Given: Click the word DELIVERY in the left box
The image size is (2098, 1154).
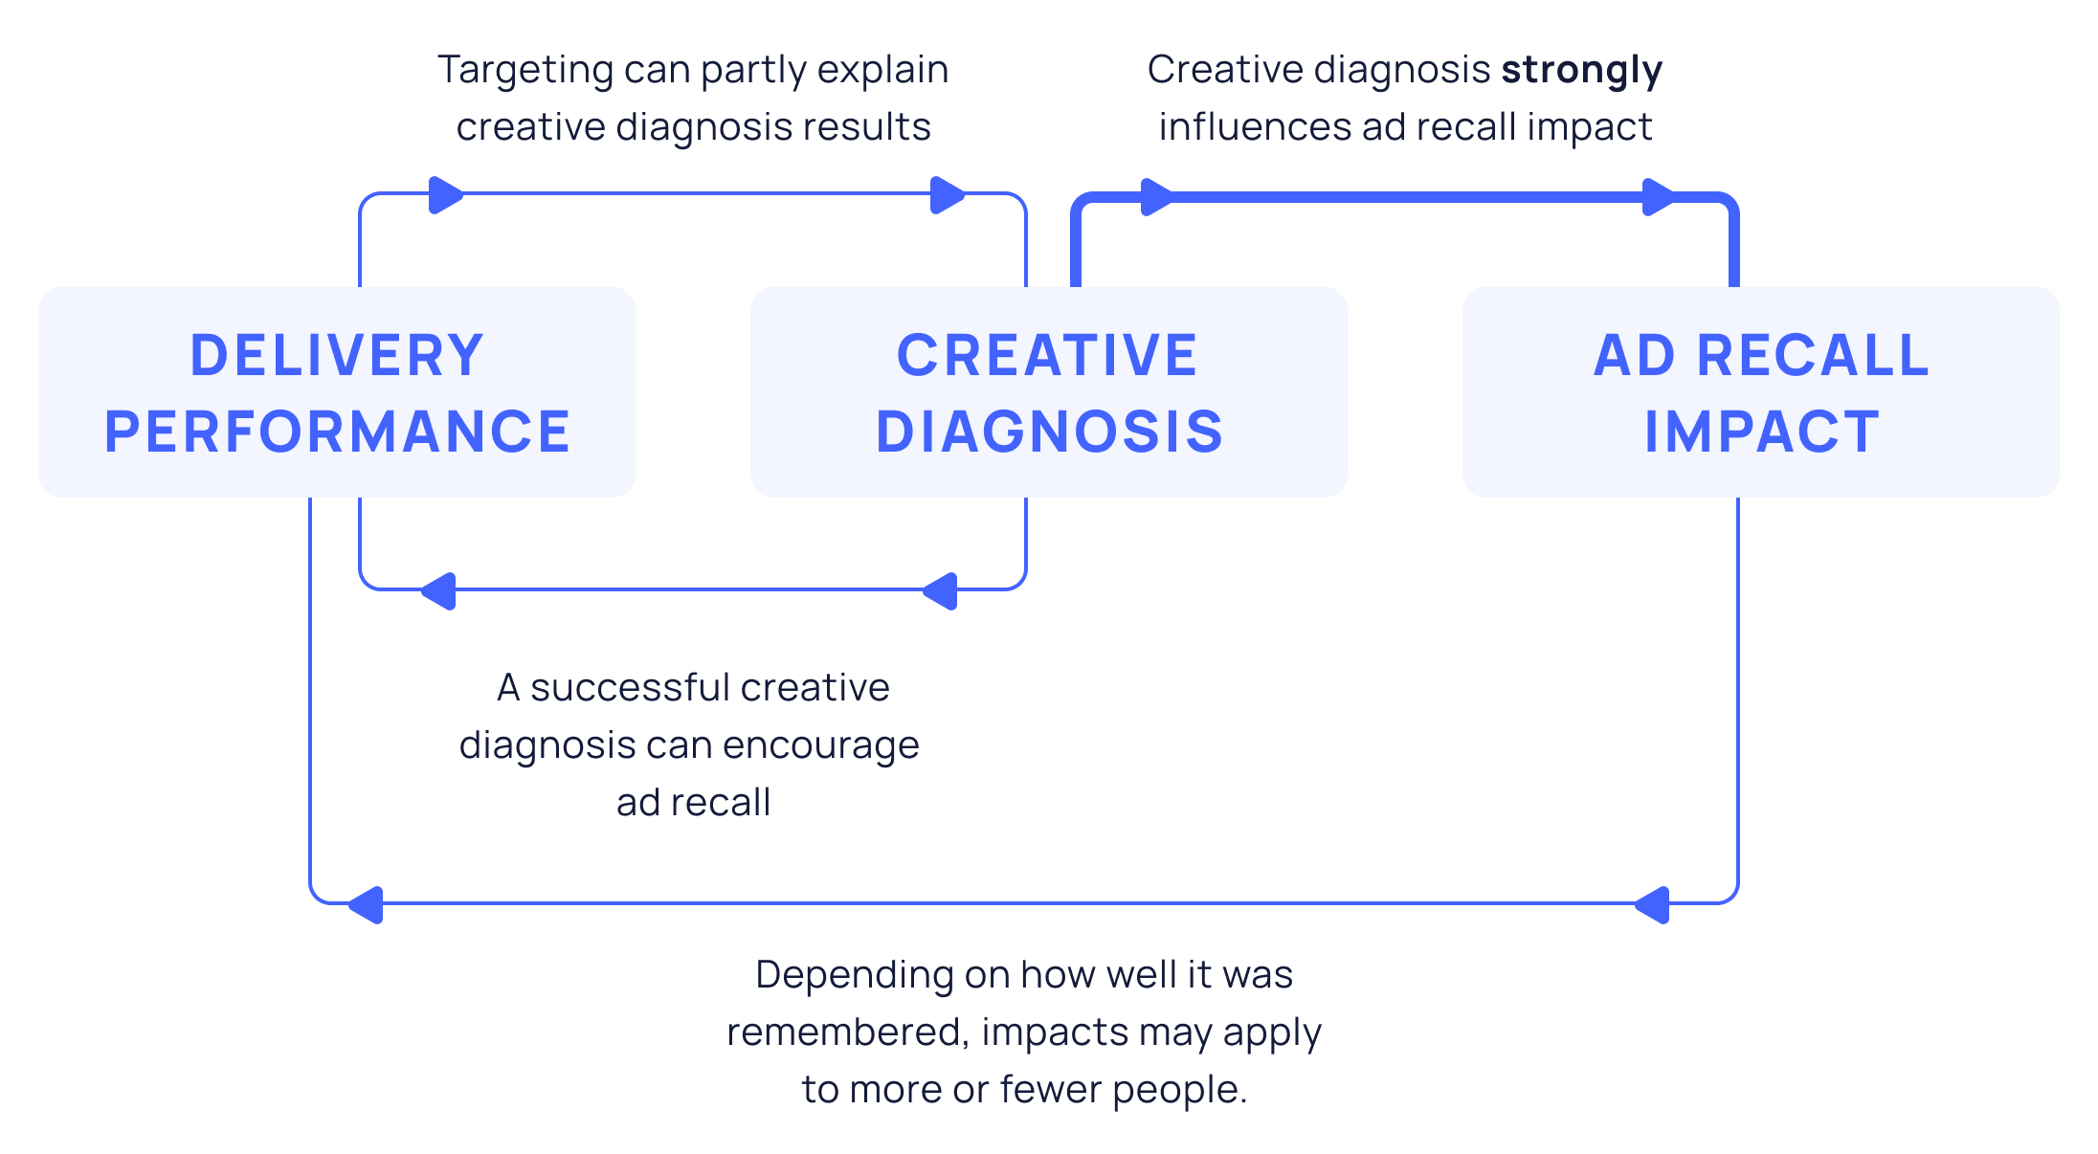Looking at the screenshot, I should (x=337, y=356).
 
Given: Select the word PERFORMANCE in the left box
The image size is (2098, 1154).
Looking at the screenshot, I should (x=337, y=432).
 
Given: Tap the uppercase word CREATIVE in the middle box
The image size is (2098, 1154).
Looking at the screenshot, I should (x=1047, y=356).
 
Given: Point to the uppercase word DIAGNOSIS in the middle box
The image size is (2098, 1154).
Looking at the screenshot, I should (x=1049, y=432).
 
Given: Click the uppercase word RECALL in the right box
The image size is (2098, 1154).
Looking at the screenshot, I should (x=1813, y=356).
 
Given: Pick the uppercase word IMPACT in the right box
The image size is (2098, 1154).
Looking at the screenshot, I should (x=1761, y=432).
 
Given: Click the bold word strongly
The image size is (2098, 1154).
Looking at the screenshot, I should (x=1581, y=71).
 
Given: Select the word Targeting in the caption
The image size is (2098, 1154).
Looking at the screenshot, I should (x=525, y=71).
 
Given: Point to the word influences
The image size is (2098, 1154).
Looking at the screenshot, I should (x=1254, y=127).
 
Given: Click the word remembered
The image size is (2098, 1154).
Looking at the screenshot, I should (x=848, y=1032).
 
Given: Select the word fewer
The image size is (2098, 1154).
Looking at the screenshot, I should (x=1051, y=1090).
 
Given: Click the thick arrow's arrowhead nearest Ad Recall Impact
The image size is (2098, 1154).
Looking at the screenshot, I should (x=1658, y=197).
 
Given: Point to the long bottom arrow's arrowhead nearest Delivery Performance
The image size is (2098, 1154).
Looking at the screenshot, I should (x=366, y=904).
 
